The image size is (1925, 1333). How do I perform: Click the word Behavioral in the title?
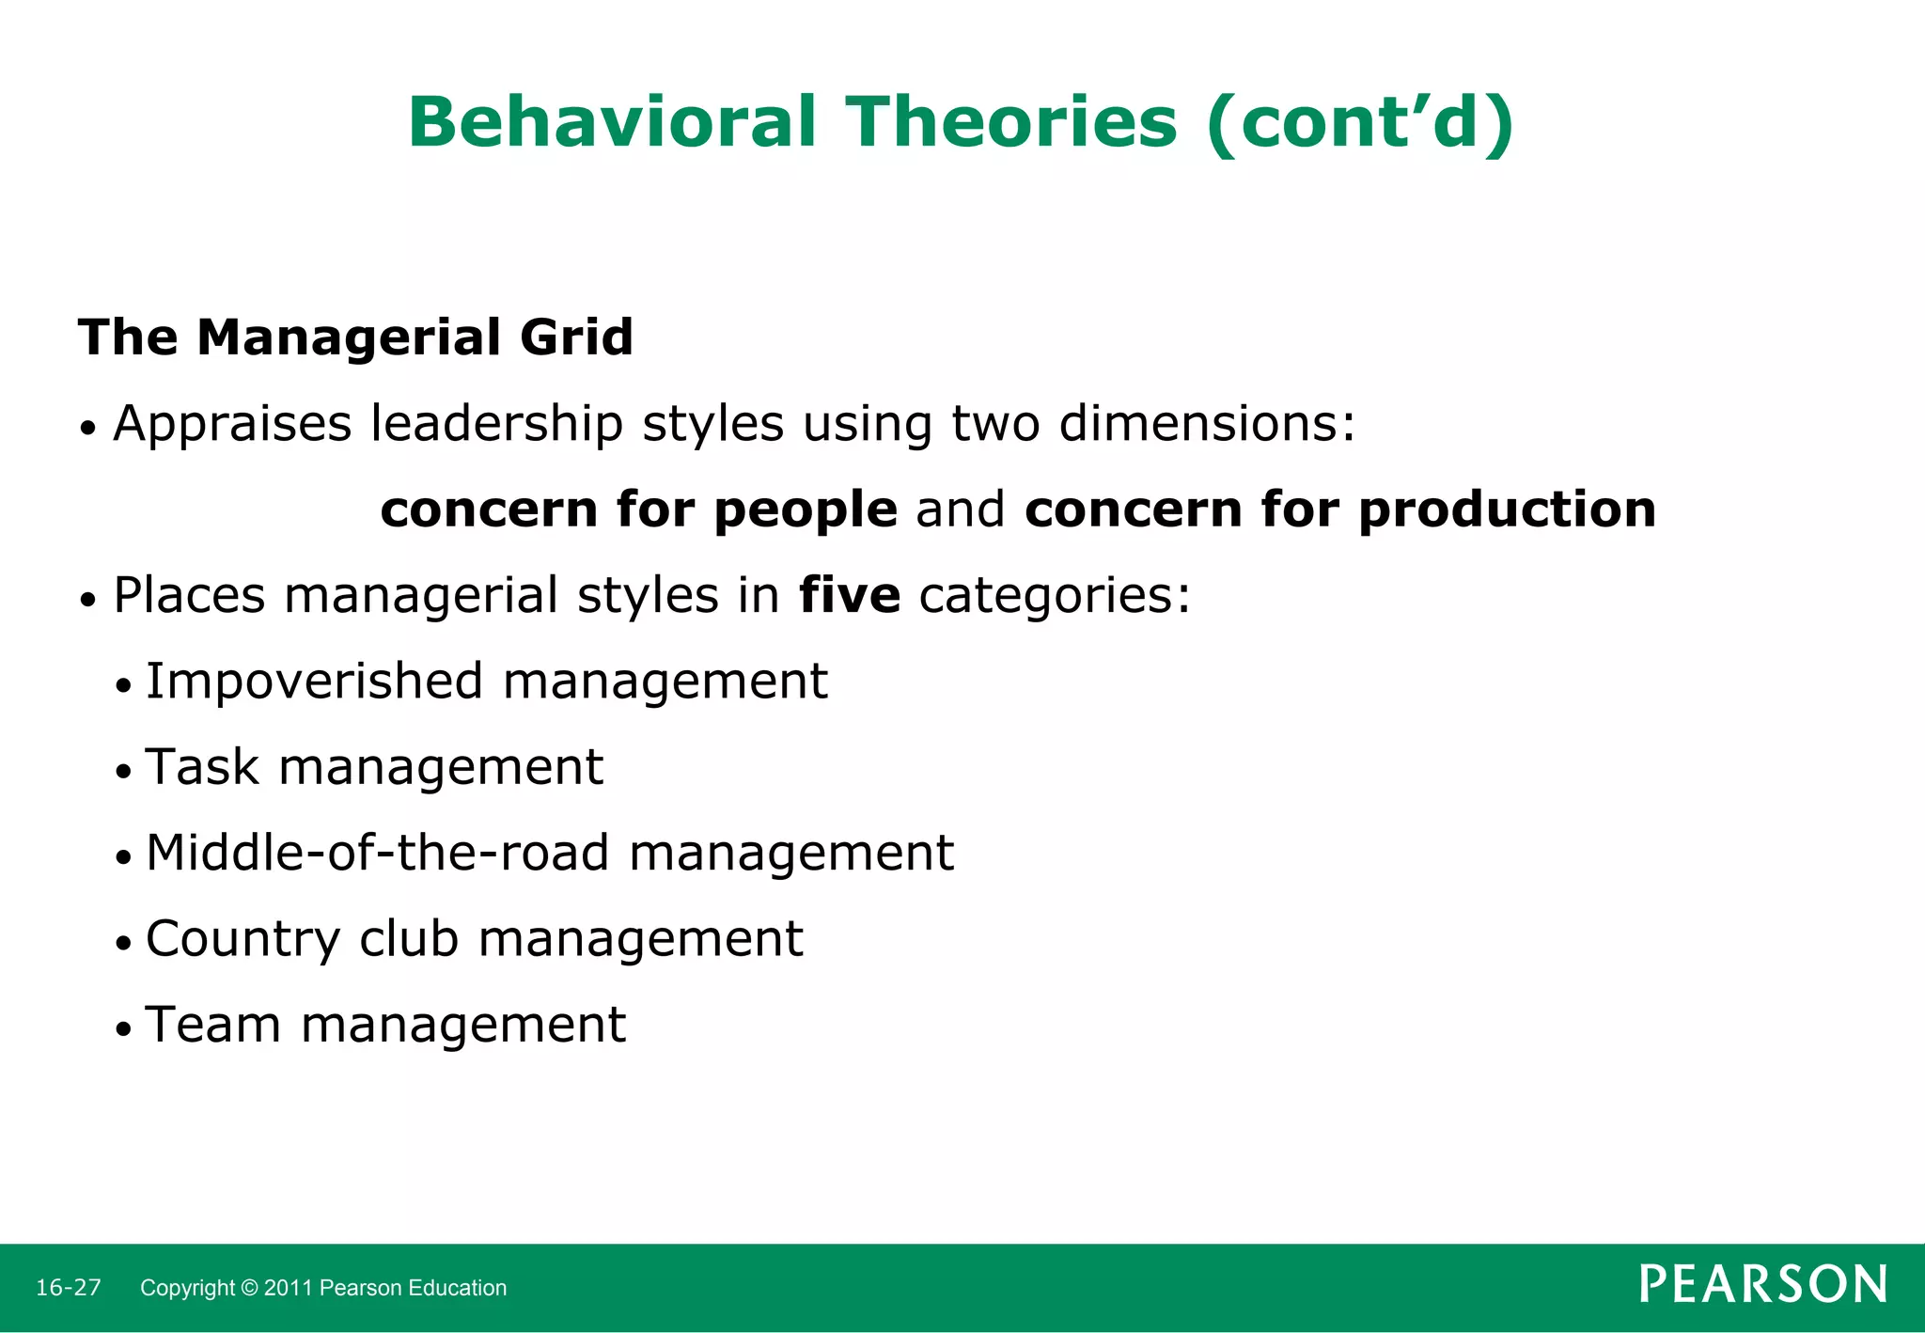click(x=612, y=122)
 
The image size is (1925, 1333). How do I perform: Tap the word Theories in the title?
click(x=1011, y=122)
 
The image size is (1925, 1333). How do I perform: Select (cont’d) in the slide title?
click(x=1360, y=122)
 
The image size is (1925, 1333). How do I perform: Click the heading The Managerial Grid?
click(x=355, y=337)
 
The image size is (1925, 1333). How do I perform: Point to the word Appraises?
click(x=232, y=424)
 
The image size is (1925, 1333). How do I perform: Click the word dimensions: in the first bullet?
click(x=1208, y=424)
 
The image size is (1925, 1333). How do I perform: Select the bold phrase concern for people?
click(x=639, y=510)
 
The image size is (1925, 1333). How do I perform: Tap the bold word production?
click(x=1507, y=510)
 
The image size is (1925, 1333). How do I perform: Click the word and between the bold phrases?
click(x=961, y=510)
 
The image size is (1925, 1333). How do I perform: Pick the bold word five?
click(x=850, y=595)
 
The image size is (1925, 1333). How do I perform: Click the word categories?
click(x=1055, y=595)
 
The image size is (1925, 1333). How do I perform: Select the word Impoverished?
click(x=315, y=682)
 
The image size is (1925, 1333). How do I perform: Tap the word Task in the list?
click(x=202, y=766)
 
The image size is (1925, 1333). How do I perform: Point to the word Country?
click(x=243, y=938)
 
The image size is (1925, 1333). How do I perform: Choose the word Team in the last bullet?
click(x=213, y=1024)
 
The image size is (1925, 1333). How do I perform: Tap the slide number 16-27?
click(x=69, y=1288)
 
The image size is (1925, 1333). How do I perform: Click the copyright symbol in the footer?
click(x=249, y=1288)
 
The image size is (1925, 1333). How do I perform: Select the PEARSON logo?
click(x=1762, y=1284)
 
